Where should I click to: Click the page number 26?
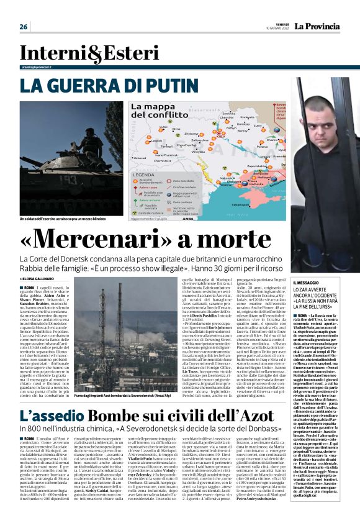(24, 27)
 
